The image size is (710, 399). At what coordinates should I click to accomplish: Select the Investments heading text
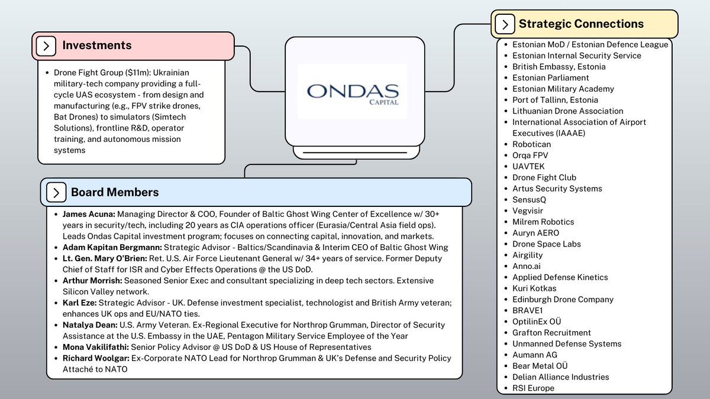(x=97, y=46)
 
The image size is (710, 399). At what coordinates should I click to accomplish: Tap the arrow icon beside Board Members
(x=56, y=192)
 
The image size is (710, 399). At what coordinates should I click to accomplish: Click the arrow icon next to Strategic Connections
(x=504, y=24)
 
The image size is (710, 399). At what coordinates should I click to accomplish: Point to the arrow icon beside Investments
(x=46, y=46)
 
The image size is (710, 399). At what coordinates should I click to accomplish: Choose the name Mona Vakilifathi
(x=95, y=347)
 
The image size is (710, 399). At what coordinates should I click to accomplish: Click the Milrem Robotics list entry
(x=543, y=222)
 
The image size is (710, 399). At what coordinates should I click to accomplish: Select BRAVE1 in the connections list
(x=528, y=310)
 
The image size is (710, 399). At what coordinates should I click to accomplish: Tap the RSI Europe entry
(x=533, y=388)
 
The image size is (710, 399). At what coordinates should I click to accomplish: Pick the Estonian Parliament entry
(x=550, y=77)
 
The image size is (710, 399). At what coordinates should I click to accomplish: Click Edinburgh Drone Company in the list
(x=563, y=299)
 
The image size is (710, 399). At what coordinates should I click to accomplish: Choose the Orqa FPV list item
(x=530, y=155)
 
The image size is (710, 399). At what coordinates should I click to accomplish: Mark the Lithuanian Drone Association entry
(x=567, y=111)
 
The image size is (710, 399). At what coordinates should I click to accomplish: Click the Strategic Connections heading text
(x=581, y=24)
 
